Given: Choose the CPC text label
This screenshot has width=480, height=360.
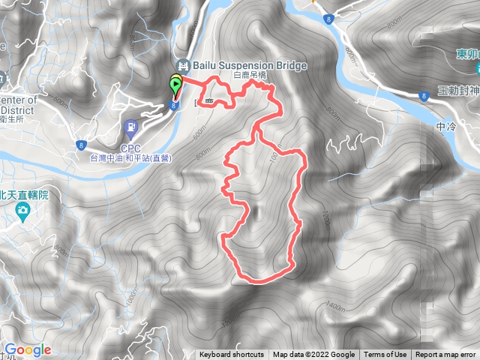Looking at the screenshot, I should pos(131,148).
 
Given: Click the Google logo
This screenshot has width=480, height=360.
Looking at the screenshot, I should pos(27,349).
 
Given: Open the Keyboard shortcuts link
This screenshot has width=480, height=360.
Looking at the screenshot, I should pos(232,355).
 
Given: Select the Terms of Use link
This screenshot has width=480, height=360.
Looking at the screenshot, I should pos(385,355).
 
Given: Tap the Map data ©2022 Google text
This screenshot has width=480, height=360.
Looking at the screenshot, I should pos(313,355).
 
